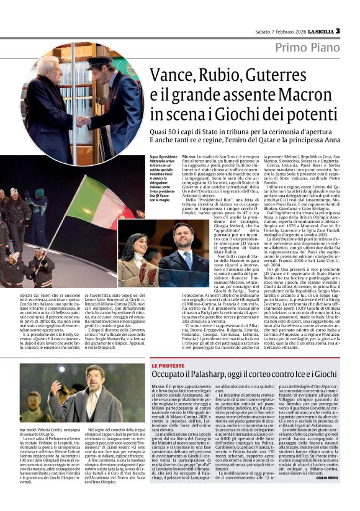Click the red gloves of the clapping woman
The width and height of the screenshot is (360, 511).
(145, 273)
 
